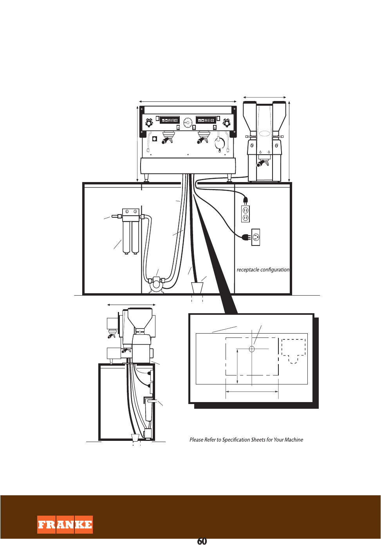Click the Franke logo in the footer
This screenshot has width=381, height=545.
[65, 525]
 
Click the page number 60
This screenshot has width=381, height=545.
[202, 541]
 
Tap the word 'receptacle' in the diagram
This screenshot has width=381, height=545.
[247, 270]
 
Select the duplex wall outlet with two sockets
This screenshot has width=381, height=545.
[246, 214]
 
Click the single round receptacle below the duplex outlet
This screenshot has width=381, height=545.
[256, 237]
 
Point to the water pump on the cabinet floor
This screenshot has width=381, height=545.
[156, 284]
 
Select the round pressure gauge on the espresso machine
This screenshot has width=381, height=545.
[188, 123]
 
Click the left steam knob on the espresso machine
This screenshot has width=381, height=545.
[149, 123]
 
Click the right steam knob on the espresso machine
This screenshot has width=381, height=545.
[227, 123]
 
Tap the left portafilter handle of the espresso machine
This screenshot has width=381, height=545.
[168, 140]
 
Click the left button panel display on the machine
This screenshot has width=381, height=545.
[170, 120]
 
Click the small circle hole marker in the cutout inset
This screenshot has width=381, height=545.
[252, 349]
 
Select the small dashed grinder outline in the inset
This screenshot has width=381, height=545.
[293, 350]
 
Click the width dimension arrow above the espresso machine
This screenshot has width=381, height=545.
[188, 101]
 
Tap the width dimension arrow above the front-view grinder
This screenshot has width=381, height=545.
[265, 97]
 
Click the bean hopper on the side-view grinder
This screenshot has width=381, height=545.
[140, 318]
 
